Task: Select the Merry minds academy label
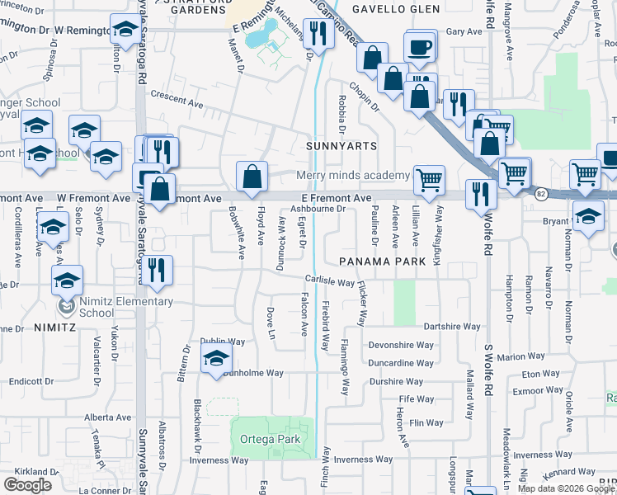click(353, 175)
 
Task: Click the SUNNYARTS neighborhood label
click(341, 146)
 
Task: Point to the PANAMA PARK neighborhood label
click(382, 261)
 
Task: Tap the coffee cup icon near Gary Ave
click(420, 46)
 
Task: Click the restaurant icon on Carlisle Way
click(157, 269)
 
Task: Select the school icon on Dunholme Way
click(216, 359)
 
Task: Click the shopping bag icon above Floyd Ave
click(252, 176)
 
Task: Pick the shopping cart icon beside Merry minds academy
click(429, 178)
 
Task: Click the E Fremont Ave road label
click(337, 199)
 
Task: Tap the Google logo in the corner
click(28, 484)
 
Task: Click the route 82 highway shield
click(541, 195)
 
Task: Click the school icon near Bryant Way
click(587, 216)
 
